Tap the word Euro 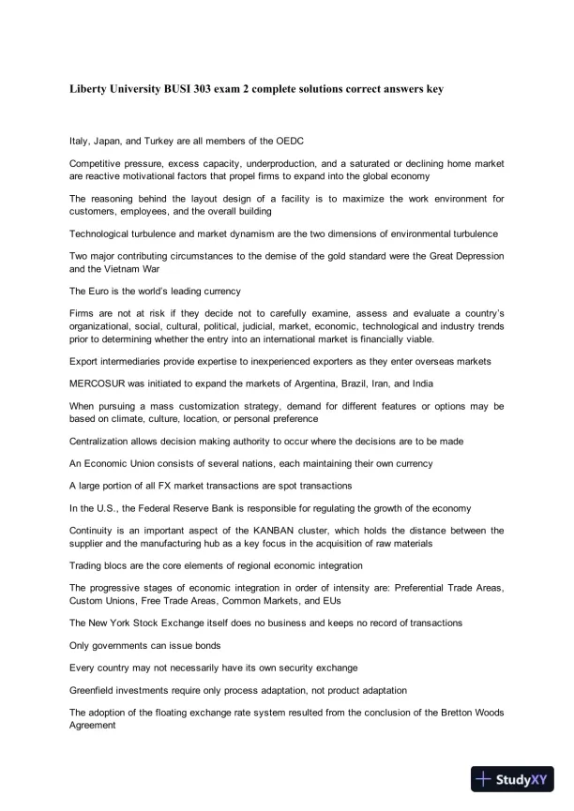99,291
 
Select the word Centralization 104,441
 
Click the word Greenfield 97,690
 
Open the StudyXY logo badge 512,778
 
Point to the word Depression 476,256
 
